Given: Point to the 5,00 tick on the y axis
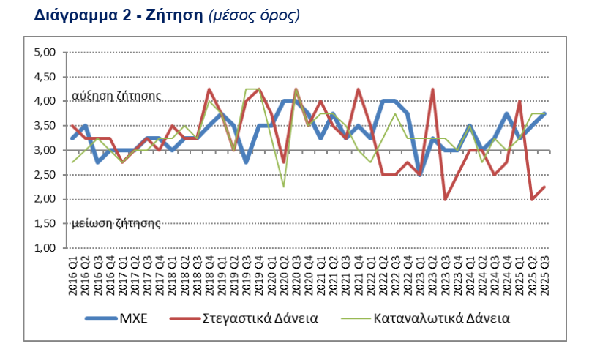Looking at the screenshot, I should click(46, 53).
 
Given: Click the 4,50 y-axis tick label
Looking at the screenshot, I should click(46, 77).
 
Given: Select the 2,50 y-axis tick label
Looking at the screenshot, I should click(46, 175).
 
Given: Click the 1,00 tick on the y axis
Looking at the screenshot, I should click(46, 248).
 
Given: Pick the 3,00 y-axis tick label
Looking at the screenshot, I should click(46, 150).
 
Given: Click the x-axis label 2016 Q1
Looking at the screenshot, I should click(73, 276).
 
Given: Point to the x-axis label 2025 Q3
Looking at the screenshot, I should click(544, 276).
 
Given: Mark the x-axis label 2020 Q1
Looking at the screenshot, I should click(284, 276).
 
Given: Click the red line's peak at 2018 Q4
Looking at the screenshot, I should click(209, 89).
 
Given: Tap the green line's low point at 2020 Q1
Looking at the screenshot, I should click(284, 187).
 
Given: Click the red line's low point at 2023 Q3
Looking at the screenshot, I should click(445, 199).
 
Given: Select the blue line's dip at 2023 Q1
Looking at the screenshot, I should click(420, 175).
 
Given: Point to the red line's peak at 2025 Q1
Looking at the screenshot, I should click(519, 102).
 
